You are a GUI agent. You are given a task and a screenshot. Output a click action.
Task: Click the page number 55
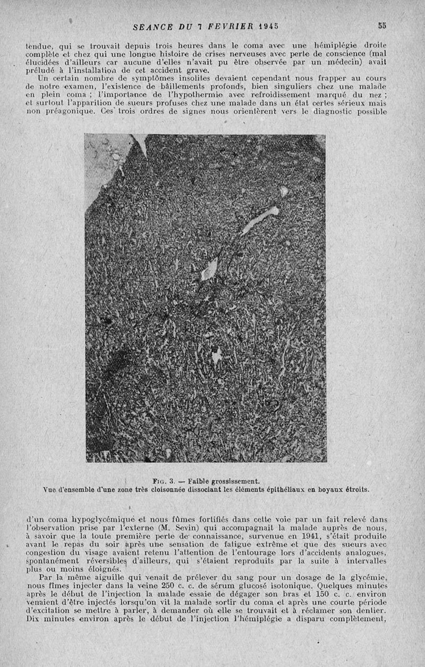(x=382, y=25)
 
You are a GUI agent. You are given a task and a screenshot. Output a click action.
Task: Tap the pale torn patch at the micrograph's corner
(x=108, y=160)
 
